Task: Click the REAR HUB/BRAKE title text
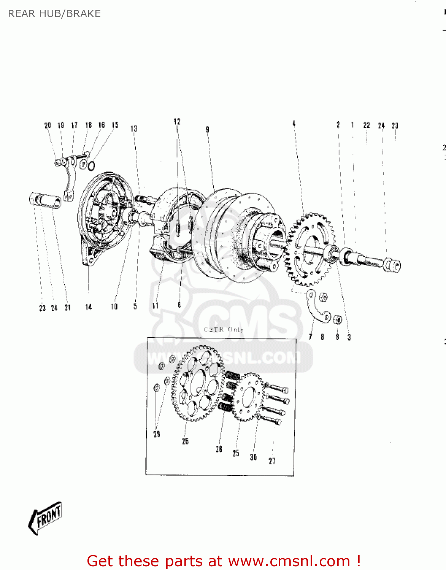pyautogui.click(x=54, y=14)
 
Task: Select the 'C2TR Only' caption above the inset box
pyautogui.click(x=224, y=329)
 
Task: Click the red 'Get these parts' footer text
pyautogui.click(x=224, y=561)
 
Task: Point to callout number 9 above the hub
pyautogui.click(x=207, y=130)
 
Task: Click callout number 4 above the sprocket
pyautogui.click(x=294, y=123)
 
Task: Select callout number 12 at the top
pyautogui.click(x=177, y=122)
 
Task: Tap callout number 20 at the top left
pyautogui.click(x=48, y=125)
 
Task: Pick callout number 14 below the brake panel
pyautogui.click(x=89, y=307)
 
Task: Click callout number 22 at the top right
pyautogui.click(x=367, y=125)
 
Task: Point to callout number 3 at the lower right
pyautogui.click(x=349, y=337)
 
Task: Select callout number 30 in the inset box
pyautogui.click(x=253, y=457)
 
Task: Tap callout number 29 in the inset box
pyautogui.click(x=157, y=434)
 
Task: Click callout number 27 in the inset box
pyautogui.click(x=272, y=461)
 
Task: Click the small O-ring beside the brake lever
pyautogui.click(x=91, y=166)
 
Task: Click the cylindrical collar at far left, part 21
pyautogui.click(x=45, y=200)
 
